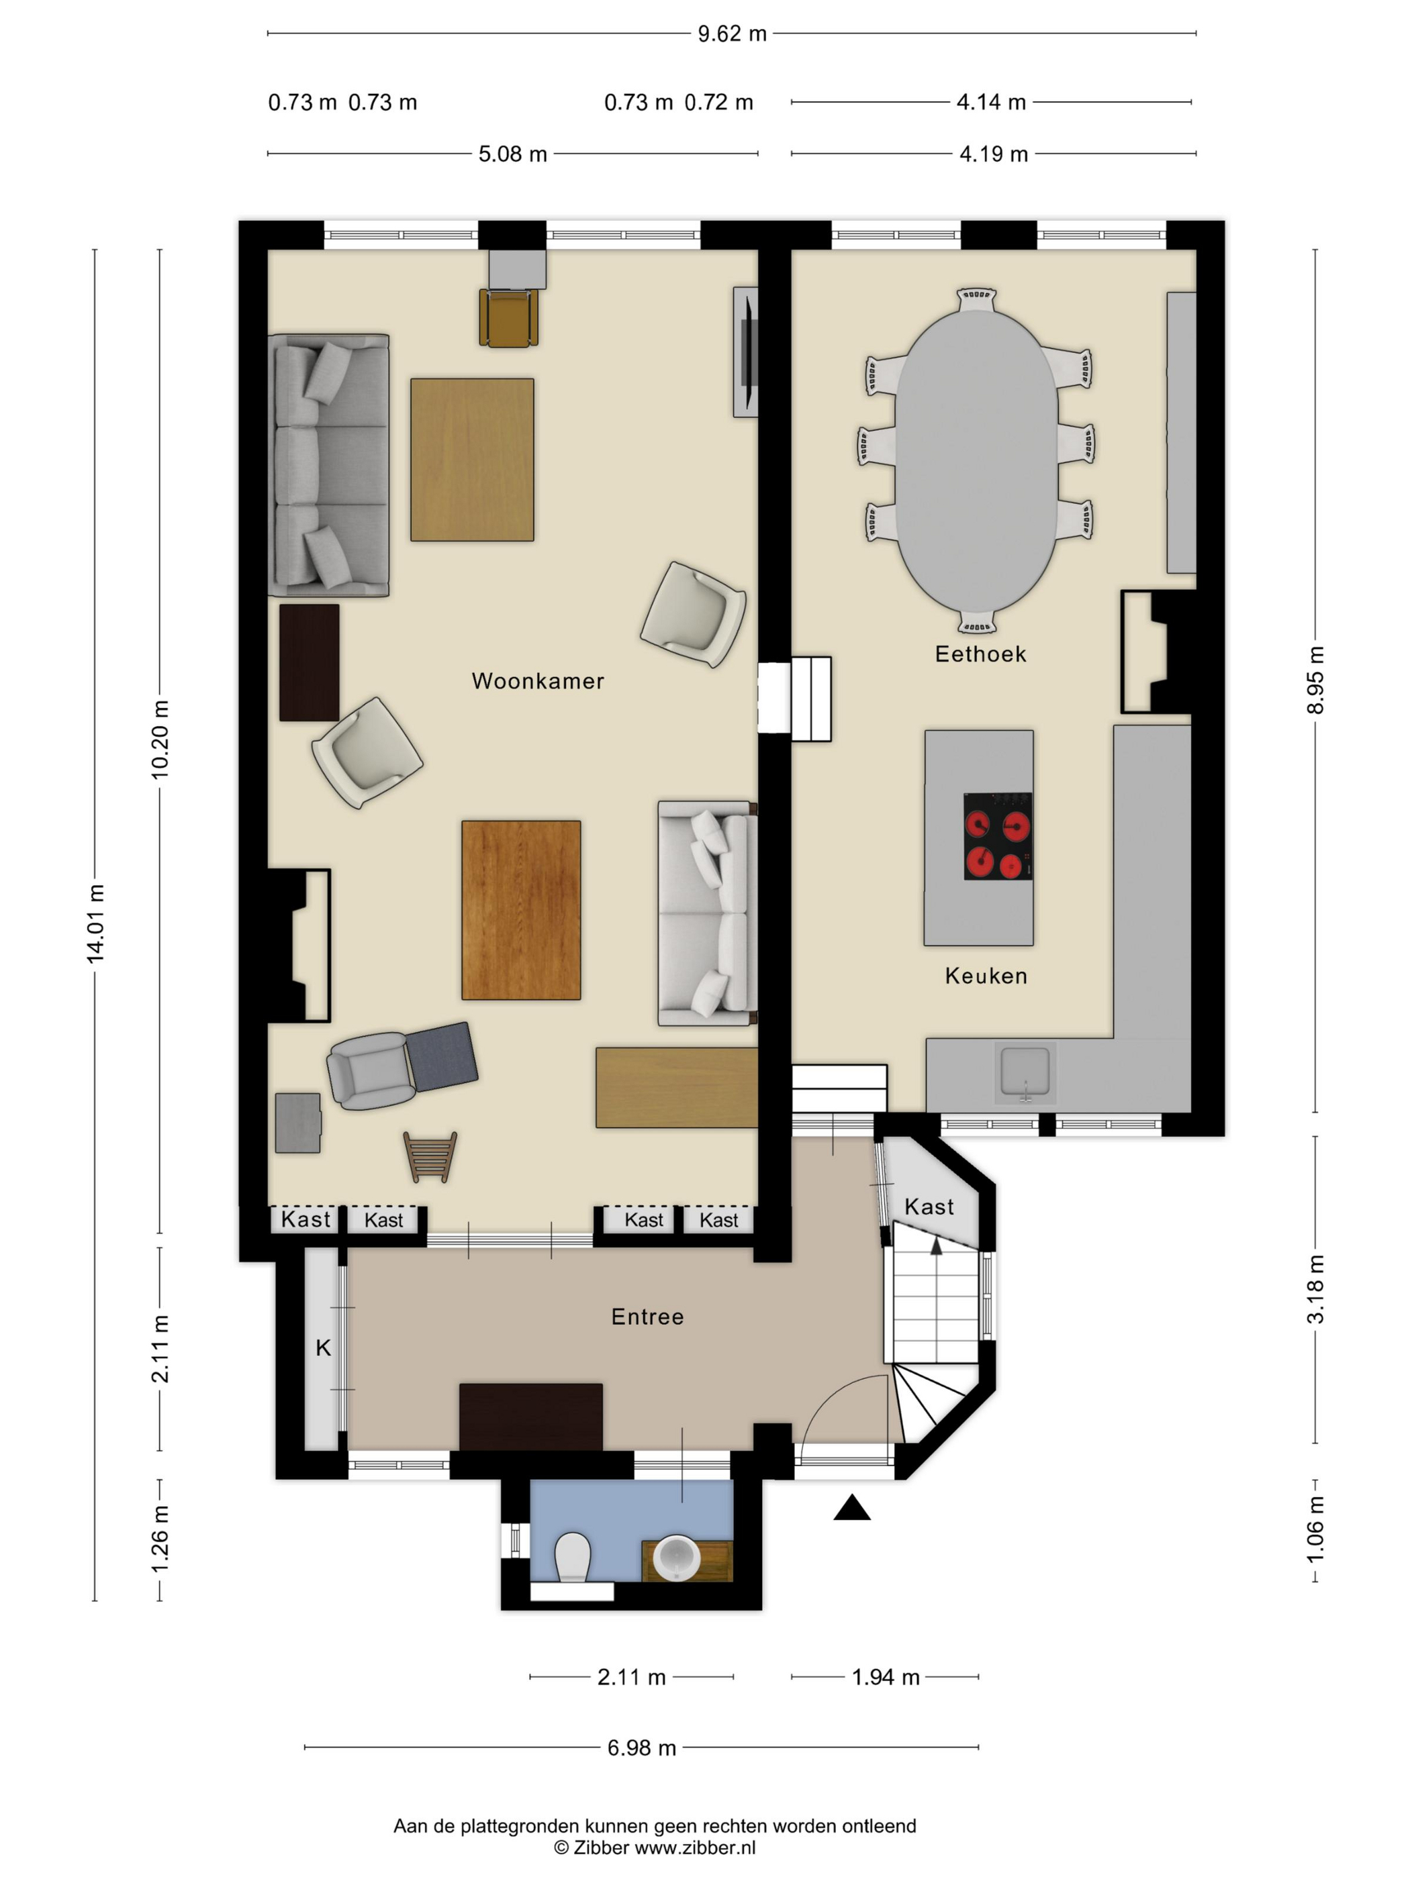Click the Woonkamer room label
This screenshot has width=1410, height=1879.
click(x=538, y=681)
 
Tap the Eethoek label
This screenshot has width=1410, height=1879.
click(x=981, y=654)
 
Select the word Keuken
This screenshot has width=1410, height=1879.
click(x=986, y=976)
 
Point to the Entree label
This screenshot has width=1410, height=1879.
click(x=648, y=1317)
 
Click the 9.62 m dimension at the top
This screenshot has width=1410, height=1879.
click(x=732, y=34)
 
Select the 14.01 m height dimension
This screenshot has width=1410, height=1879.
click(x=95, y=924)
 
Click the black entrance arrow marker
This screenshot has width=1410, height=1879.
click(x=851, y=1508)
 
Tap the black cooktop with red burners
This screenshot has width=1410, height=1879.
click(x=998, y=836)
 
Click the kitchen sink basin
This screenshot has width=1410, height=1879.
click(x=1025, y=1072)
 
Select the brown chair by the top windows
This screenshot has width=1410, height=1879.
click(x=508, y=317)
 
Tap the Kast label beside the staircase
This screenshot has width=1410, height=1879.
click(x=929, y=1207)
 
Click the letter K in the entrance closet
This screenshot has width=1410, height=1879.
click(x=323, y=1348)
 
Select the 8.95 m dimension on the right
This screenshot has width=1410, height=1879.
click(x=1315, y=680)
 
